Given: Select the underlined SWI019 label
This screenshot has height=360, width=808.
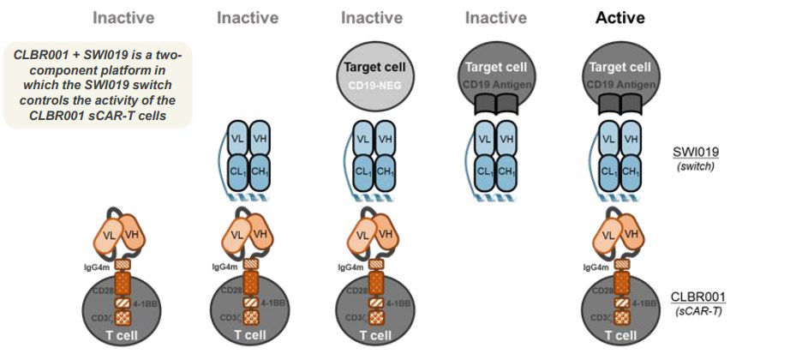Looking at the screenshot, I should [x=696, y=152].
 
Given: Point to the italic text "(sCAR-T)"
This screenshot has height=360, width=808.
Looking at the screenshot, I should [x=696, y=309].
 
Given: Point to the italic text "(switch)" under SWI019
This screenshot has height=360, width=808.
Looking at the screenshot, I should [x=696, y=165].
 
